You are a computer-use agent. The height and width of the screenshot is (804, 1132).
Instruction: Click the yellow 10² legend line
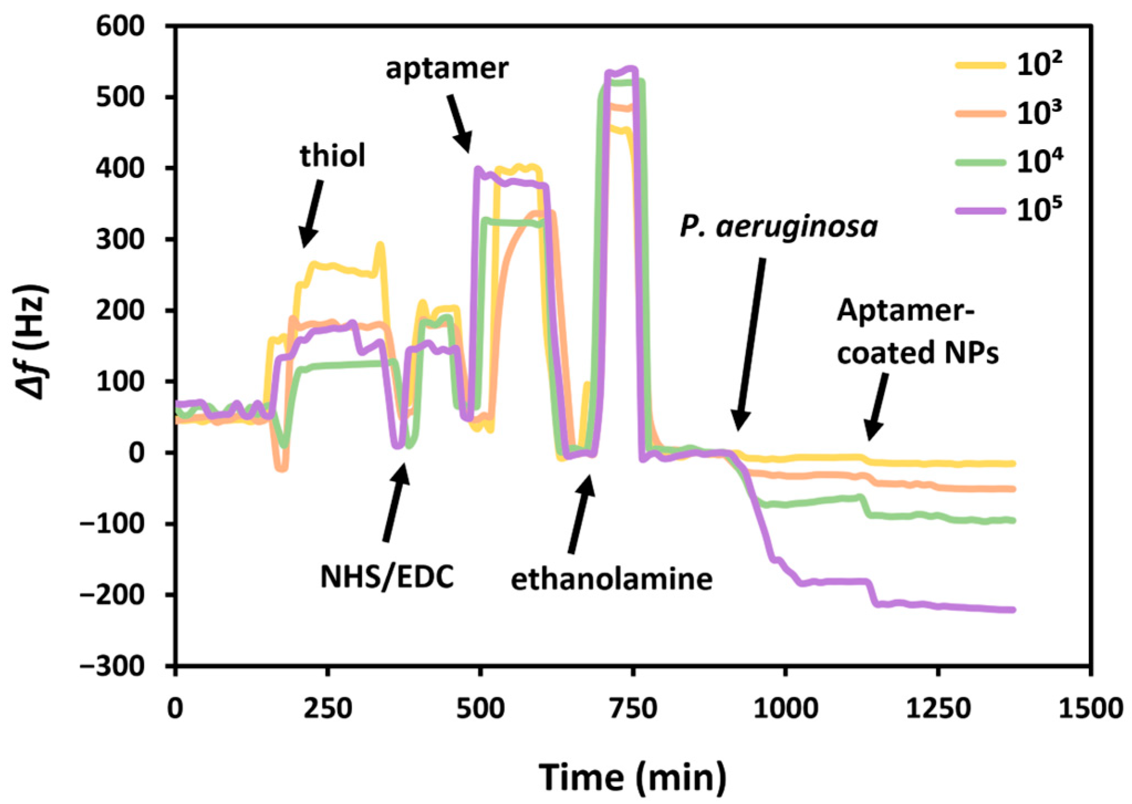[980, 65]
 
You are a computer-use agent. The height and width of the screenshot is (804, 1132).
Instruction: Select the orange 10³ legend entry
[980, 114]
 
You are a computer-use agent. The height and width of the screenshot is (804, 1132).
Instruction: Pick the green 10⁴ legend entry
[980, 163]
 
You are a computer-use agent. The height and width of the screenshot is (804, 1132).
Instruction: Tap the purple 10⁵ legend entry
[980, 211]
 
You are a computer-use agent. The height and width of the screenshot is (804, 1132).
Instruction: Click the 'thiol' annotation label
[332, 156]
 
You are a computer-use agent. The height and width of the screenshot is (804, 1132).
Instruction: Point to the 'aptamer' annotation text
[447, 69]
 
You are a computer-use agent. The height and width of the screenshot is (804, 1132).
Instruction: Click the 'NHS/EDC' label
[387, 577]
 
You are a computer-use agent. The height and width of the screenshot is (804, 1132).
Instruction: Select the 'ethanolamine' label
[611, 579]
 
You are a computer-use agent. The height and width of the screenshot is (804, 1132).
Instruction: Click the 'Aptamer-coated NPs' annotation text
[917, 332]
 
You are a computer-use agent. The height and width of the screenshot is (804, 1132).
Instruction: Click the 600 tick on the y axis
[121, 27]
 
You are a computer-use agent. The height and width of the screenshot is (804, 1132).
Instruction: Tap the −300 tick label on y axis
[113, 666]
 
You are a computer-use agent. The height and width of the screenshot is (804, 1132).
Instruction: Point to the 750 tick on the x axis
[633, 709]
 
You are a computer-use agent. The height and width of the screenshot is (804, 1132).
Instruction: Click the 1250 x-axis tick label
[938, 709]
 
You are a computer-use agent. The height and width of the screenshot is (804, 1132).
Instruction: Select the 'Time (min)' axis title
[633, 777]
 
